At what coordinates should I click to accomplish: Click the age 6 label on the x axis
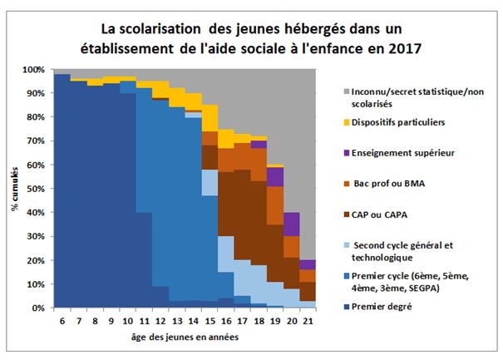61,321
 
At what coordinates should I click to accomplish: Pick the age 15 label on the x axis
210,321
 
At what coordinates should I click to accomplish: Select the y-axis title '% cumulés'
16,190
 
